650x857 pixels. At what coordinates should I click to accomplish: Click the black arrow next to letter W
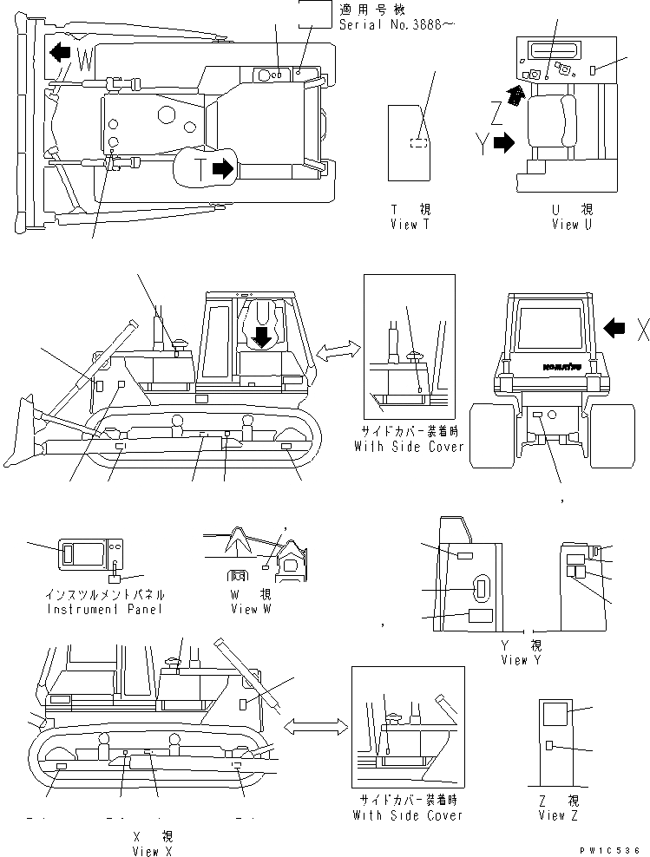click(x=60, y=52)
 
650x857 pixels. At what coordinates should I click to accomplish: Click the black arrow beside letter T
click(x=223, y=169)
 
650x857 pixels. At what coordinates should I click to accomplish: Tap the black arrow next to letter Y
click(x=502, y=145)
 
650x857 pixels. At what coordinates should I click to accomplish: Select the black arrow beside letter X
click(x=614, y=327)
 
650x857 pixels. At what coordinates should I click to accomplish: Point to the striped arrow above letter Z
click(x=515, y=95)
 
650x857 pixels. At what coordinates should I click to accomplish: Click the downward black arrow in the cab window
click(x=260, y=335)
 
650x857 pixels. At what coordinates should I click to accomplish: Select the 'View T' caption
click(x=410, y=225)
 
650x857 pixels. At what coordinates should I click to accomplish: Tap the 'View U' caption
click(x=572, y=225)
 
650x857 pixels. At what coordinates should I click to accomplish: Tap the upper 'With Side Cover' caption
click(x=408, y=447)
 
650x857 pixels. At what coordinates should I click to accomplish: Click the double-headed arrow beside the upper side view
click(x=338, y=351)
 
